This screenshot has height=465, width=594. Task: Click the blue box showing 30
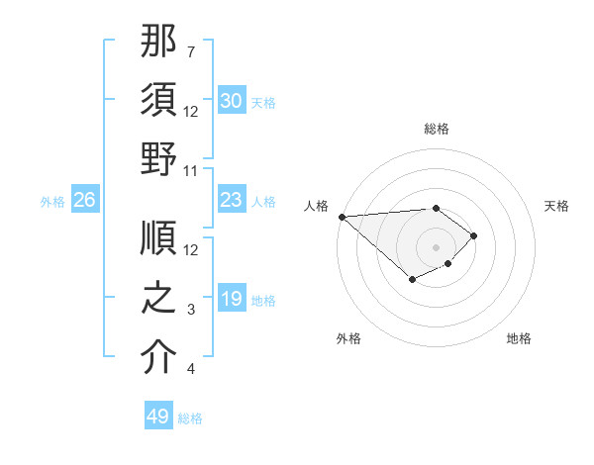(x=232, y=100)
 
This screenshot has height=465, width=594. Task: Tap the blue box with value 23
(x=232, y=200)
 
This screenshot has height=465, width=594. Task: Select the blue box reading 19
(x=232, y=299)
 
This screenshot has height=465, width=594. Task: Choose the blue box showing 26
(x=85, y=200)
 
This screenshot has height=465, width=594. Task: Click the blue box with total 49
(x=158, y=417)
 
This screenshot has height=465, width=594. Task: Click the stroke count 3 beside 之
(x=191, y=310)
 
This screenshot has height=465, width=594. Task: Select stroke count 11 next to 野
(x=192, y=171)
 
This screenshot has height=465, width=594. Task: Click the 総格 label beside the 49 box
(x=191, y=418)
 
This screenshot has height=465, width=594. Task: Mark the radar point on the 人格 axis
(x=342, y=217)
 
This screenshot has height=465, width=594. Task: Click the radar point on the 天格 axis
(x=475, y=235)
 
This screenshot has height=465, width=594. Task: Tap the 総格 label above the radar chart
(x=437, y=129)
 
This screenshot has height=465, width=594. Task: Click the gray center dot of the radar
(x=437, y=246)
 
